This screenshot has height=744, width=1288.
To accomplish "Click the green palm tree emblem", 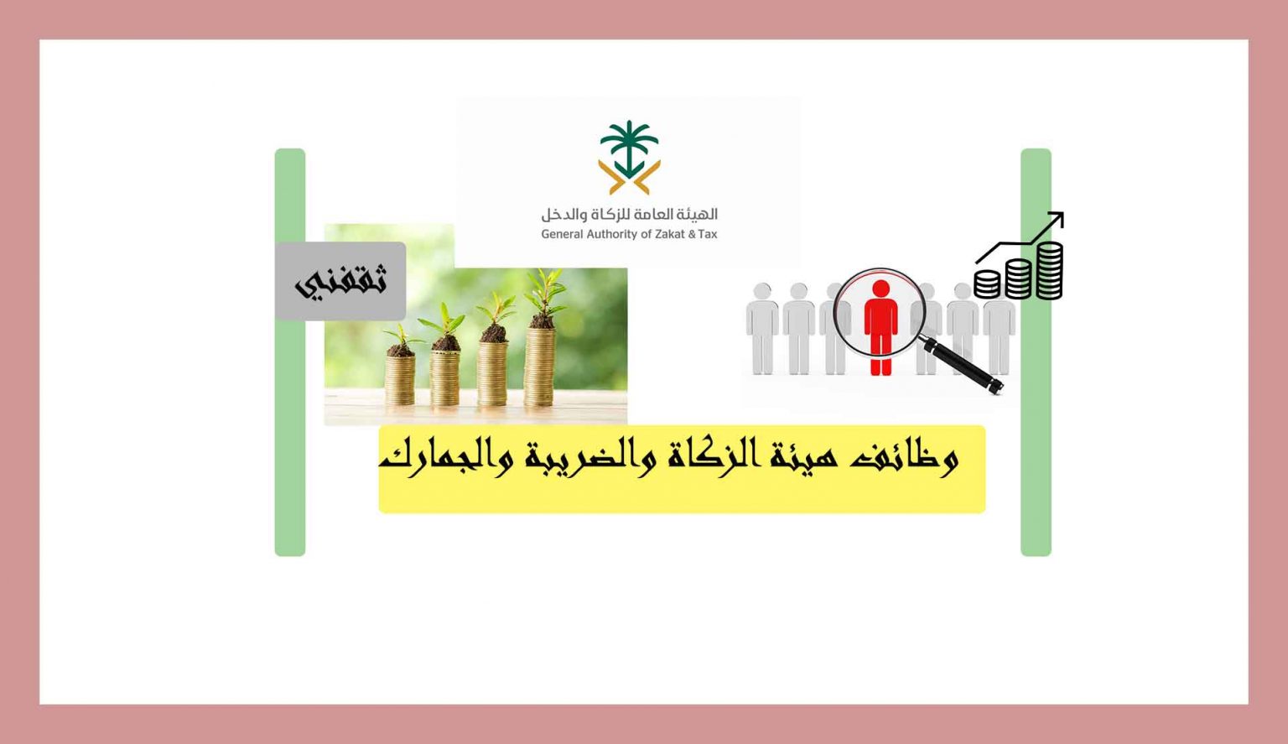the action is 629,148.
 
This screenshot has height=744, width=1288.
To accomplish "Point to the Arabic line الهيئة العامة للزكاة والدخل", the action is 629,214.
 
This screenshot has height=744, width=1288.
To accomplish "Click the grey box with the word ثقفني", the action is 340,281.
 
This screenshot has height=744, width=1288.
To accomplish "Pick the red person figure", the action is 881,327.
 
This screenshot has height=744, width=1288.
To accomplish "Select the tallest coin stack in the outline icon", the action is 1049,271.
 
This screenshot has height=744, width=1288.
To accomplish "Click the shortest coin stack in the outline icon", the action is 987,284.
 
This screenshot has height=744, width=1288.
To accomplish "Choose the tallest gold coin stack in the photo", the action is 539,366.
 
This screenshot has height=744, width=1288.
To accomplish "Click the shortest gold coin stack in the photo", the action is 400,378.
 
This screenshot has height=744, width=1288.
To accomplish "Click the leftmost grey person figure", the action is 762,328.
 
